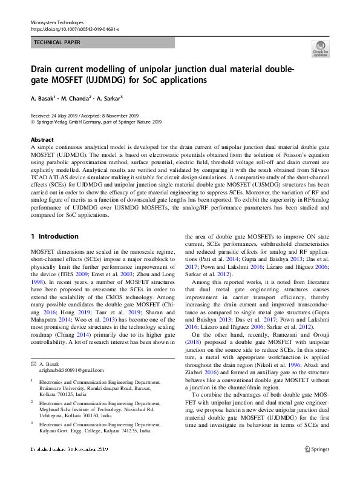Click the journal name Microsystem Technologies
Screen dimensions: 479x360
pos(56,22)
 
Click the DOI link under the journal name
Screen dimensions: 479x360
pos(74,28)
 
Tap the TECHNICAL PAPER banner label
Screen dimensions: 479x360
pos(57,42)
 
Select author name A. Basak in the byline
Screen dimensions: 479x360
pos(44,97)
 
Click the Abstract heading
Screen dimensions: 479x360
pos(42,139)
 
